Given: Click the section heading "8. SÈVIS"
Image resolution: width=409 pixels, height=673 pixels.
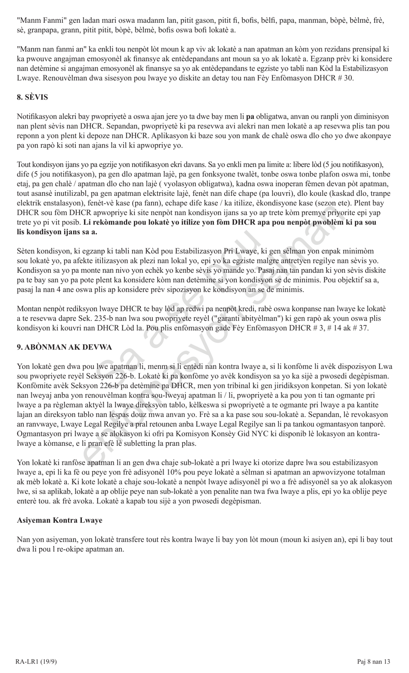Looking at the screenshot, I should tap(32, 97).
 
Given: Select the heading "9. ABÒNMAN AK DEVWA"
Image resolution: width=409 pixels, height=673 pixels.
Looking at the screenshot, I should tap(64, 347).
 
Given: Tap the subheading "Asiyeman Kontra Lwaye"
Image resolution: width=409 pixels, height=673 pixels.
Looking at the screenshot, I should tap(59, 520).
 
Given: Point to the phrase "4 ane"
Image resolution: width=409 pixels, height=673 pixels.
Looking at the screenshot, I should tap(64, 290).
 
